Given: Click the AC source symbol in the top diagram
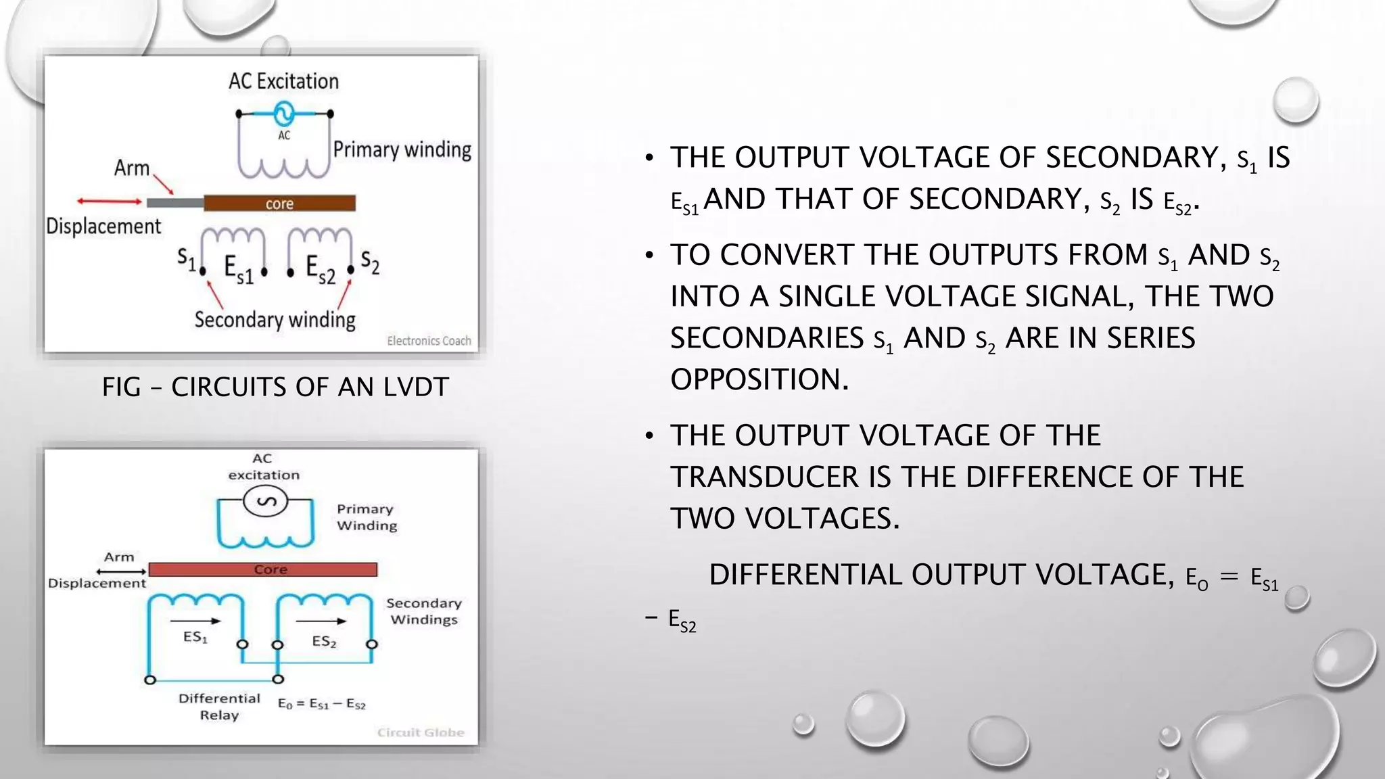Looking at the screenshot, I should tap(284, 113).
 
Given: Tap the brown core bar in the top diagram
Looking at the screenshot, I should tap(279, 203).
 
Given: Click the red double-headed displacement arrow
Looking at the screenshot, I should tap(109, 201).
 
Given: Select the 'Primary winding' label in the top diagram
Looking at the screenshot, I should tap(402, 149).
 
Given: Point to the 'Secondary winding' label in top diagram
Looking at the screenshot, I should tap(275, 319).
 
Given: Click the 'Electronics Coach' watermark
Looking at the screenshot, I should tap(429, 341).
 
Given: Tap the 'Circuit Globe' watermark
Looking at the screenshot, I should tap(421, 732).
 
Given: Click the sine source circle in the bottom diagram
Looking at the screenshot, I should tap(265, 502).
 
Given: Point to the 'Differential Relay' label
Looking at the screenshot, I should tap(219, 707).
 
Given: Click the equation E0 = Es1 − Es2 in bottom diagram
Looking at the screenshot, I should tap(321, 704).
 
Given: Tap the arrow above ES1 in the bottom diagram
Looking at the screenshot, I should tap(195, 621).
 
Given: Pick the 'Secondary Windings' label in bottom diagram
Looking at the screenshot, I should tap(424, 611).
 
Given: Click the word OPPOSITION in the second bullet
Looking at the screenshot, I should tap(759, 379).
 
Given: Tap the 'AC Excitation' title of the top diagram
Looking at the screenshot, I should tap(283, 81).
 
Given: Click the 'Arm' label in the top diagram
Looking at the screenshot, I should tap(131, 168).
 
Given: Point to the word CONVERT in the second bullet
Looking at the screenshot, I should tap(787, 255).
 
